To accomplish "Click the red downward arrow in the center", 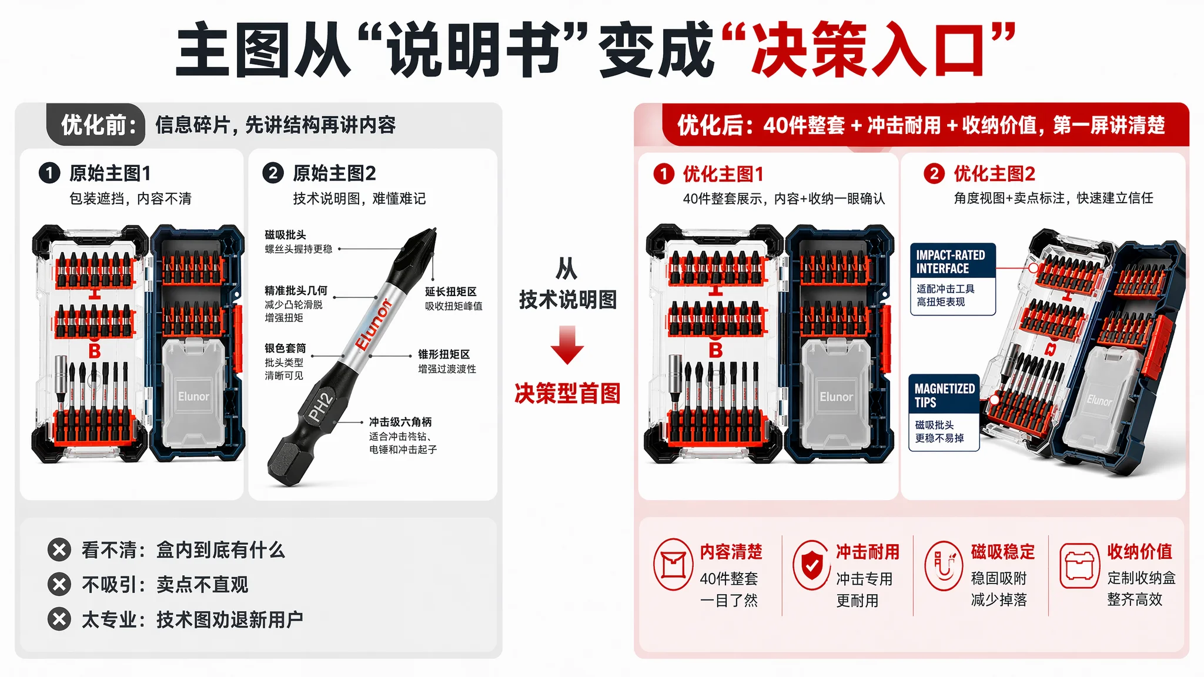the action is click(x=567, y=345).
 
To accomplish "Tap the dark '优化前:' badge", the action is click(x=96, y=125).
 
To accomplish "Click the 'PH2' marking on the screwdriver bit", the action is click(x=321, y=407).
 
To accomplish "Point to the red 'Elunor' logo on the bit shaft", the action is click(x=373, y=324).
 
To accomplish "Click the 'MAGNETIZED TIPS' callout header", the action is click(x=944, y=395).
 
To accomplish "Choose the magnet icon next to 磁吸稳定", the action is click(x=944, y=565).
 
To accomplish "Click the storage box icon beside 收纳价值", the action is click(x=1079, y=565).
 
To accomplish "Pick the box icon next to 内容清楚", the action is click(x=673, y=565).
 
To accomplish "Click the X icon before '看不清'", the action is click(x=59, y=550).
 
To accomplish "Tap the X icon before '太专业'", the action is click(x=59, y=619).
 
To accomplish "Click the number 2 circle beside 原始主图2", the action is click(x=273, y=173).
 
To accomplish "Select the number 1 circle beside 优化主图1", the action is click(x=664, y=174).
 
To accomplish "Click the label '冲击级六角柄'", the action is click(x=400, y=422).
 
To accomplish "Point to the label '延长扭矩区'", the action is click(x=451, y=291).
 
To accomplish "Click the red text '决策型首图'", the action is click(x=567, y=393).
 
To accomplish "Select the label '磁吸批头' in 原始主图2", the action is click(x=285, y=235).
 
